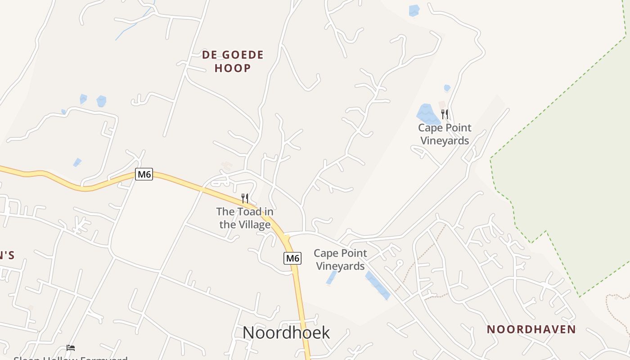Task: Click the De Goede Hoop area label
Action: pos(233,61)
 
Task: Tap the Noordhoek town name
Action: pos(286,333)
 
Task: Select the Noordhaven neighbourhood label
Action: pos(531,329)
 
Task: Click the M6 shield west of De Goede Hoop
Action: pos(144,174)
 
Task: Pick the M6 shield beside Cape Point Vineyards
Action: pos(292,258)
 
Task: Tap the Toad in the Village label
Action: pos(245,218)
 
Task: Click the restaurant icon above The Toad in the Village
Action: pos(245,198)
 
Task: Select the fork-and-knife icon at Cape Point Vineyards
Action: pos(445,114)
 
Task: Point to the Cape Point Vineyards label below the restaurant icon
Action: pos(445,134)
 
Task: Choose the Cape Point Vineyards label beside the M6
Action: pos(340,260)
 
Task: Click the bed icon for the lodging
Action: pos(71,348)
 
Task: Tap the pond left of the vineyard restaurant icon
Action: pos(427,114)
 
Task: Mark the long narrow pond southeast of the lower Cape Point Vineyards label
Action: pos(378,285)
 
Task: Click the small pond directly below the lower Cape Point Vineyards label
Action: pos(332,278)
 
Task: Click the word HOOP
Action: pos(233,68)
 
